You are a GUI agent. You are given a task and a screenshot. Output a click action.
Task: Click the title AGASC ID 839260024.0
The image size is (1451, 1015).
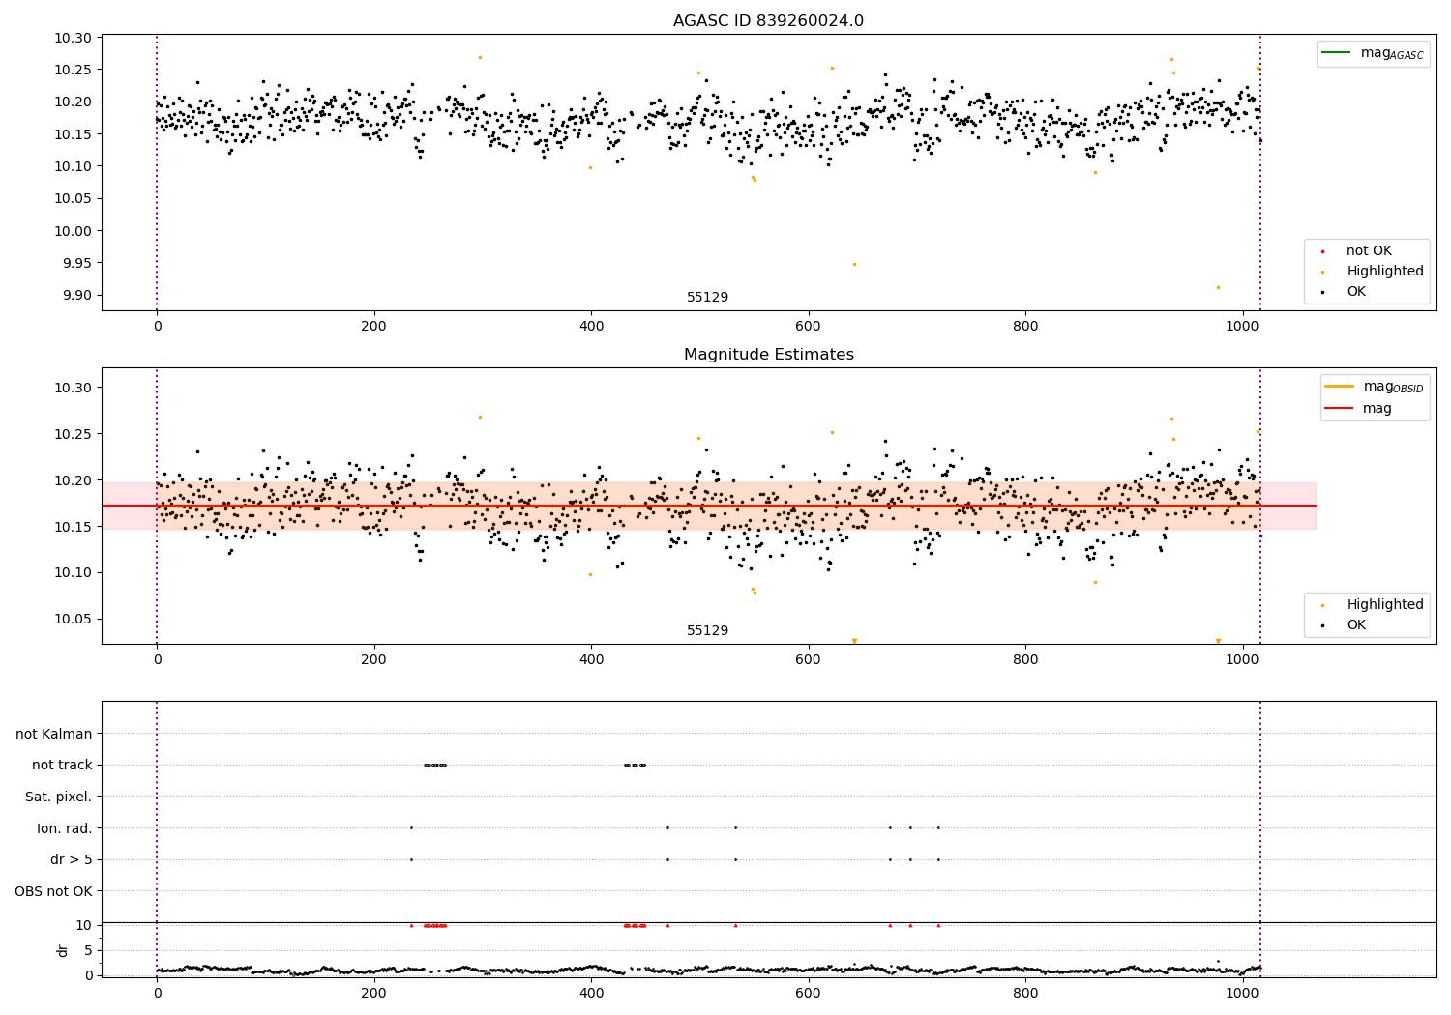(768, 21)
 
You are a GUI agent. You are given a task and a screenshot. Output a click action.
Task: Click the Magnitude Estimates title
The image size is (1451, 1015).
(768, 355)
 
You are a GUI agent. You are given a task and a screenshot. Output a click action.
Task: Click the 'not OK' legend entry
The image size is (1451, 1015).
(1369, 251)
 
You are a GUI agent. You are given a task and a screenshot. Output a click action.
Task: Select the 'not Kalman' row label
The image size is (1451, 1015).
(54, 734)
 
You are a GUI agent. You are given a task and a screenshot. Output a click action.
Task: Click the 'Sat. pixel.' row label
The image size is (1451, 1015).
(58, 797)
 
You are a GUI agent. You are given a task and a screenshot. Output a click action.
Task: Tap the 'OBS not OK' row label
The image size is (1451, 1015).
(53, 891)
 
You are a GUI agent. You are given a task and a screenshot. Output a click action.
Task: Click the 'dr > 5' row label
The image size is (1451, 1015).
(72, 859)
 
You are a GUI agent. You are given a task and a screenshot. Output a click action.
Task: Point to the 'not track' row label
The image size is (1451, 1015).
(62, 766)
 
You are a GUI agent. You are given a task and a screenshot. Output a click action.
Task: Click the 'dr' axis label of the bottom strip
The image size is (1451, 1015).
(63, 950)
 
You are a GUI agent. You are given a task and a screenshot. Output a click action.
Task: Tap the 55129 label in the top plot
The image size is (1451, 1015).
(707, 298)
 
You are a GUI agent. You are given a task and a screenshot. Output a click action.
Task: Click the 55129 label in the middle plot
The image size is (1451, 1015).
(707, 631)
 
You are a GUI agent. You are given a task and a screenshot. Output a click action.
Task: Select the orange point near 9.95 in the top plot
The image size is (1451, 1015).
(854, 264)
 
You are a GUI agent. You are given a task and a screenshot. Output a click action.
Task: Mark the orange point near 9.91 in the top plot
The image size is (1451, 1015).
(1218, 287)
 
